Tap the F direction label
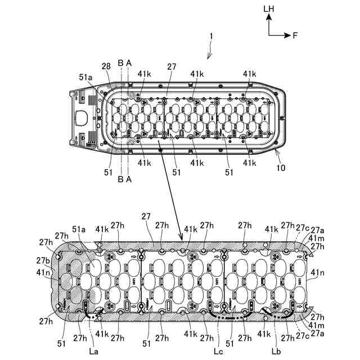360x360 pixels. pos(295,35)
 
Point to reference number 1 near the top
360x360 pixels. pos(211,36)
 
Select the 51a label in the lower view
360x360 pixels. pos(78,229)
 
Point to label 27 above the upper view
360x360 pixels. pos(172,66)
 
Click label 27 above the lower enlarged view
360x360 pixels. pos(146,215)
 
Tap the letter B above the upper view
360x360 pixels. pos(120,63)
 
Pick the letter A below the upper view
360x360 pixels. pos(129,179)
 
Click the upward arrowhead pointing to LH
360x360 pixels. pos(270,17)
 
